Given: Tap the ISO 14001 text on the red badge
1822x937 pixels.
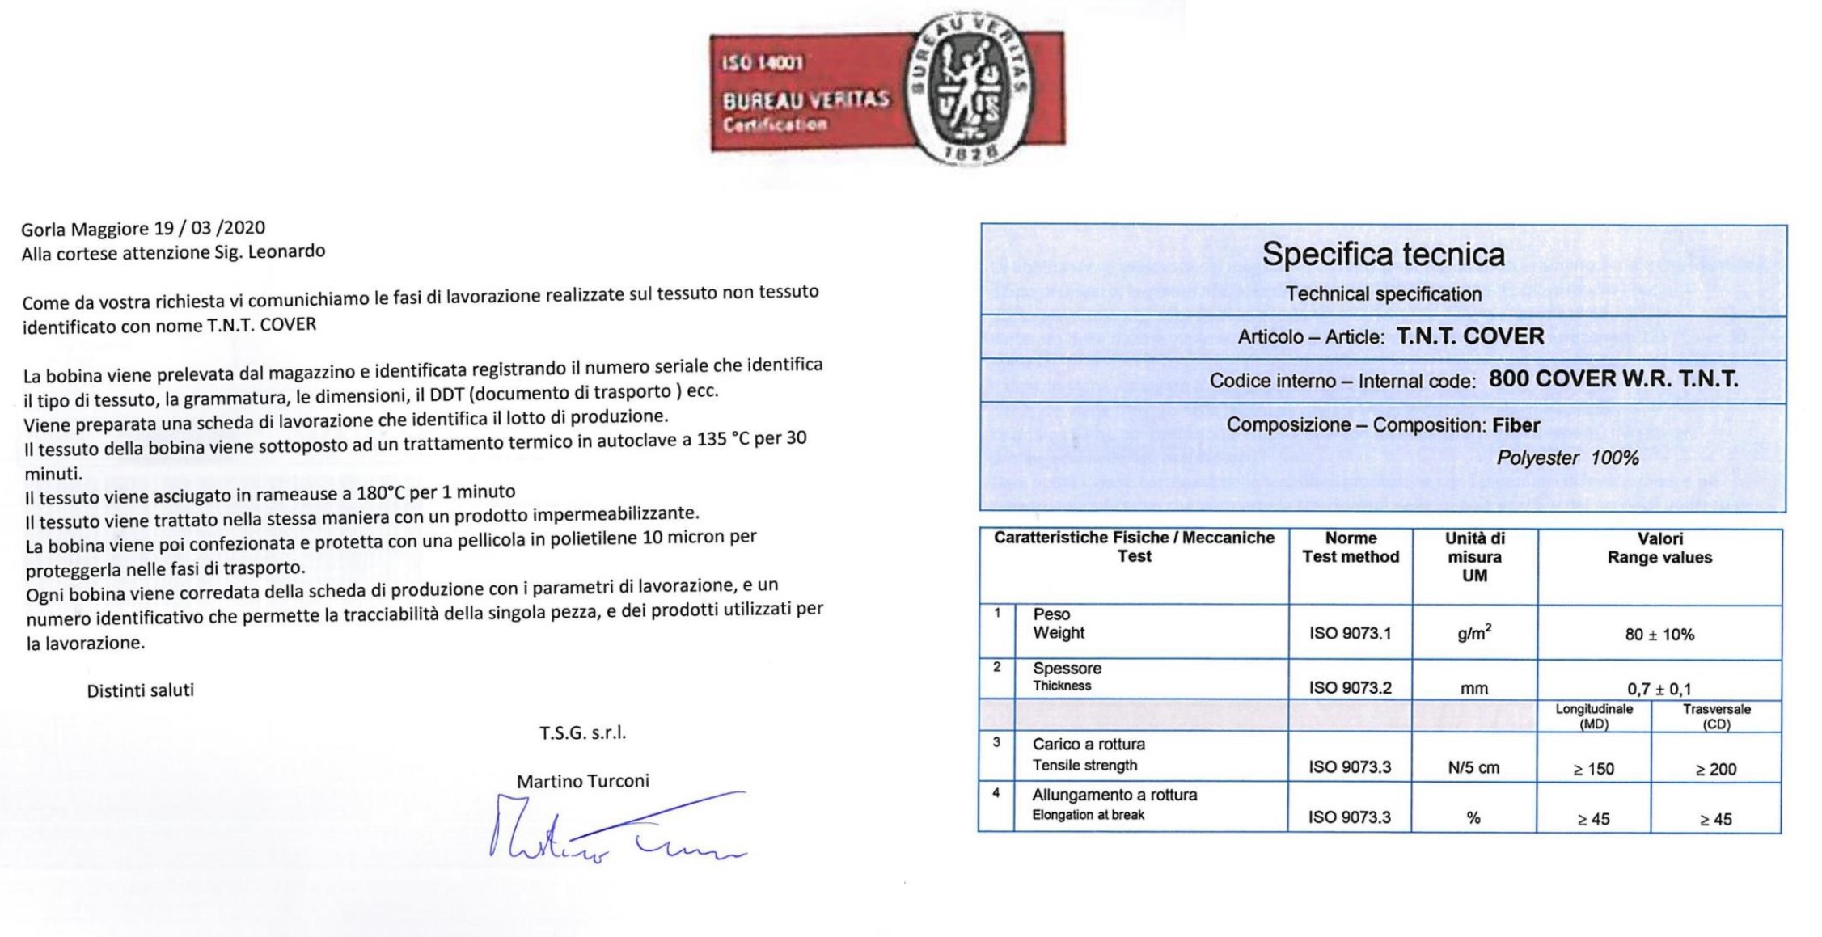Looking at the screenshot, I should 763,63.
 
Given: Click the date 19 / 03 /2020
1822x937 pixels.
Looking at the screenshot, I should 211,228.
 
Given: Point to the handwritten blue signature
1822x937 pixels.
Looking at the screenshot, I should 615,829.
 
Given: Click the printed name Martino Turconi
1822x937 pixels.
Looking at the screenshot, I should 582,781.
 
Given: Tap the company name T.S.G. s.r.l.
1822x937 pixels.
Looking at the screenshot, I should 582,733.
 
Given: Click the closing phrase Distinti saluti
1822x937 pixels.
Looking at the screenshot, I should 141,690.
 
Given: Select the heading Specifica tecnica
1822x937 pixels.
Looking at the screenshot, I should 1383,255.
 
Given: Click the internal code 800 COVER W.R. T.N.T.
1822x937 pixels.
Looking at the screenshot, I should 1613,379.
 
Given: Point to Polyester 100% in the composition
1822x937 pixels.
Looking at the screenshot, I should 1566,458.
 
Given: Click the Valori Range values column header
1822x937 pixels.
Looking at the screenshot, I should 1659,548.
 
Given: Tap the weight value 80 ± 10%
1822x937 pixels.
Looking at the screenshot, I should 1659,635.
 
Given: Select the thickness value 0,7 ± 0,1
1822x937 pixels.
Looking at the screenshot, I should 1659,689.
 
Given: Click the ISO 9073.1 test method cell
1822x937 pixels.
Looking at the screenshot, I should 1351,634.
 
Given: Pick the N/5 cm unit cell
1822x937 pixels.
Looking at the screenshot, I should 1473,768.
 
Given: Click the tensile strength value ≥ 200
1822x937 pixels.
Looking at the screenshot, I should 1716,769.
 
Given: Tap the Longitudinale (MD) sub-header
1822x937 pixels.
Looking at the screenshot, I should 1594,716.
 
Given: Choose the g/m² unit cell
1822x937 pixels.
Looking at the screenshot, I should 1474,634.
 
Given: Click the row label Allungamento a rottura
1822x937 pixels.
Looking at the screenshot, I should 1114,795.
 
